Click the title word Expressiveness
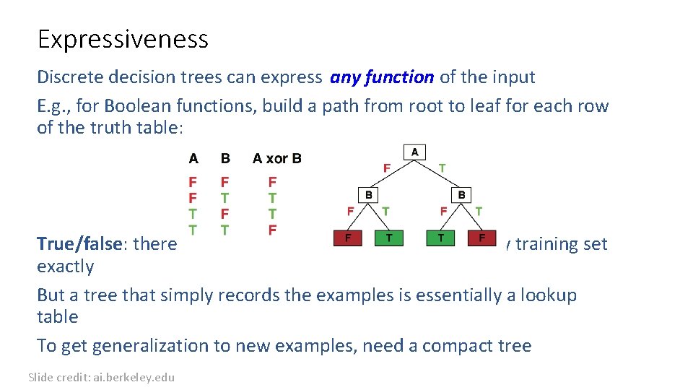[x=123, y=39]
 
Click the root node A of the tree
[x=414, y=152]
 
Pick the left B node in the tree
[x=368, y=195]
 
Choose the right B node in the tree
[x=461, y=195]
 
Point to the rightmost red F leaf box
[x=481, y=238]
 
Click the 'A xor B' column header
[x=277, y=158]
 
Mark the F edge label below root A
[x=387, y=168]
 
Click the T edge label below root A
[x=442, y=168]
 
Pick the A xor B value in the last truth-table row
[x=272, y=230]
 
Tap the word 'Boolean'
[x=133, y=106]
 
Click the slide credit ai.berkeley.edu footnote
[x=101, y=377]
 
